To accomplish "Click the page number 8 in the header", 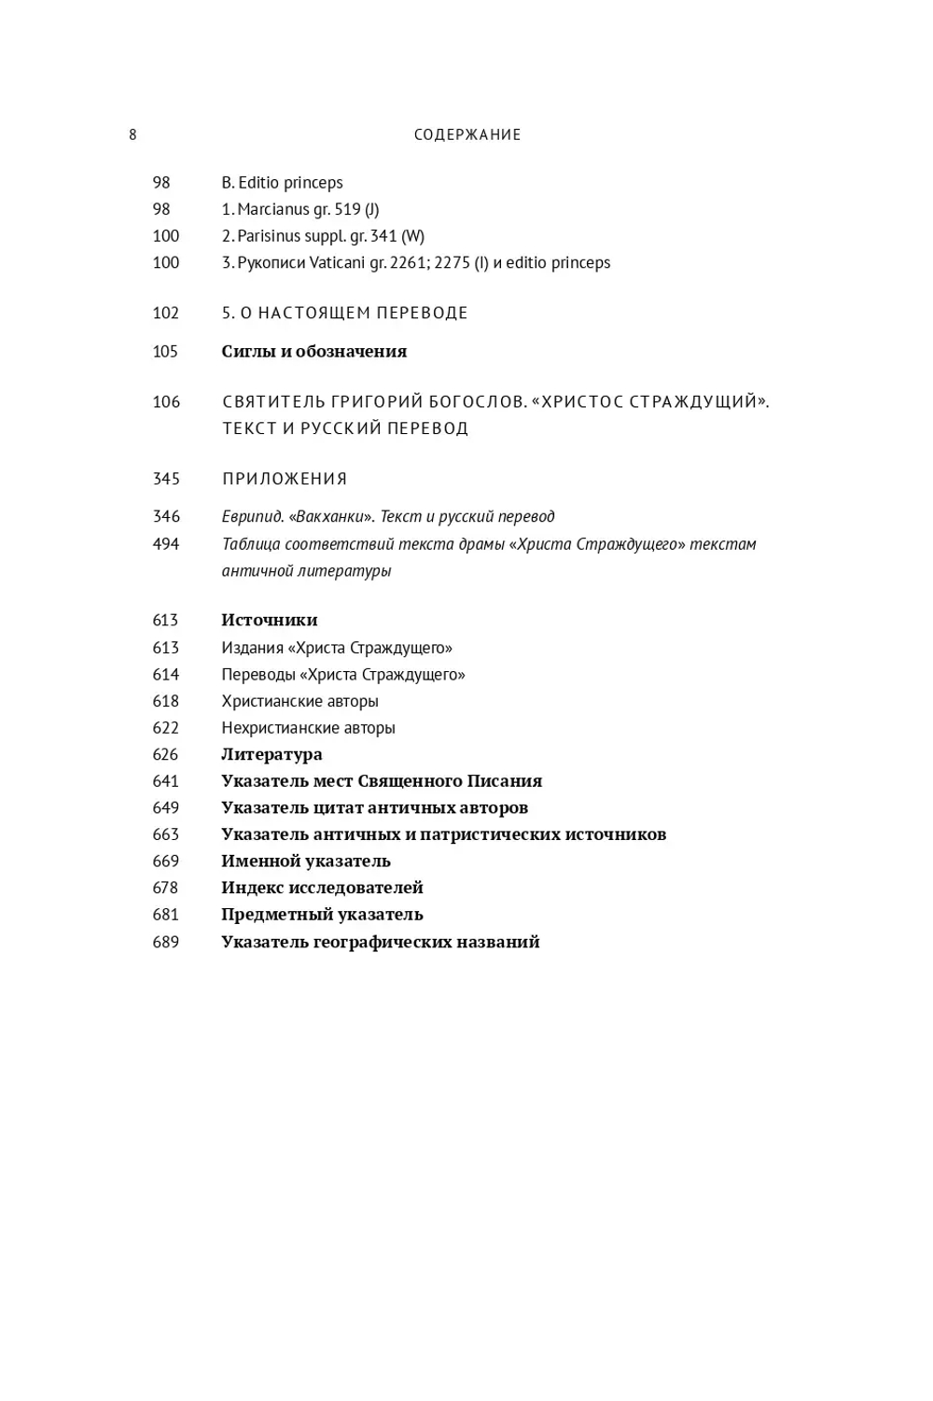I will tap(132, 134).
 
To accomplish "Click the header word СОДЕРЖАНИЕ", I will tap(467, 134).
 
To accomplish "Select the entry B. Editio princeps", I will tap(282, 183).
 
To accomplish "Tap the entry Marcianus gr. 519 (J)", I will tap(300, 209).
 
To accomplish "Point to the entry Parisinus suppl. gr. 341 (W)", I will tap(323, 236).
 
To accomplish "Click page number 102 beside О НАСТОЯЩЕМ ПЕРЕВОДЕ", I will tap(165, 313).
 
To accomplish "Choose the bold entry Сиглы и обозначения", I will tap(313, 352).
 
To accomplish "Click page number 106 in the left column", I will tap(166, 402).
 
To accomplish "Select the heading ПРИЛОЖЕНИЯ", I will tap(285, 479).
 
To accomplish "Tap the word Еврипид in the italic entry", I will tap(251, 516).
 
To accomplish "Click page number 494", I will tap(166, 544).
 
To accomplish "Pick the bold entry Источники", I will tap(269, 620).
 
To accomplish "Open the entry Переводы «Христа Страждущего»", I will tap(342, 674).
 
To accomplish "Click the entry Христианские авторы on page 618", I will tap(299, 701).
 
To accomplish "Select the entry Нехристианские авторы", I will tap(308, 728).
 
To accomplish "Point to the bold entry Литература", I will tap(272, 754).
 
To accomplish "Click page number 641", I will tap(165, 781).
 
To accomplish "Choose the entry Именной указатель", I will tap(305, 861).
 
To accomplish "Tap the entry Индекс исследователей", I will tap(322, 888).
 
